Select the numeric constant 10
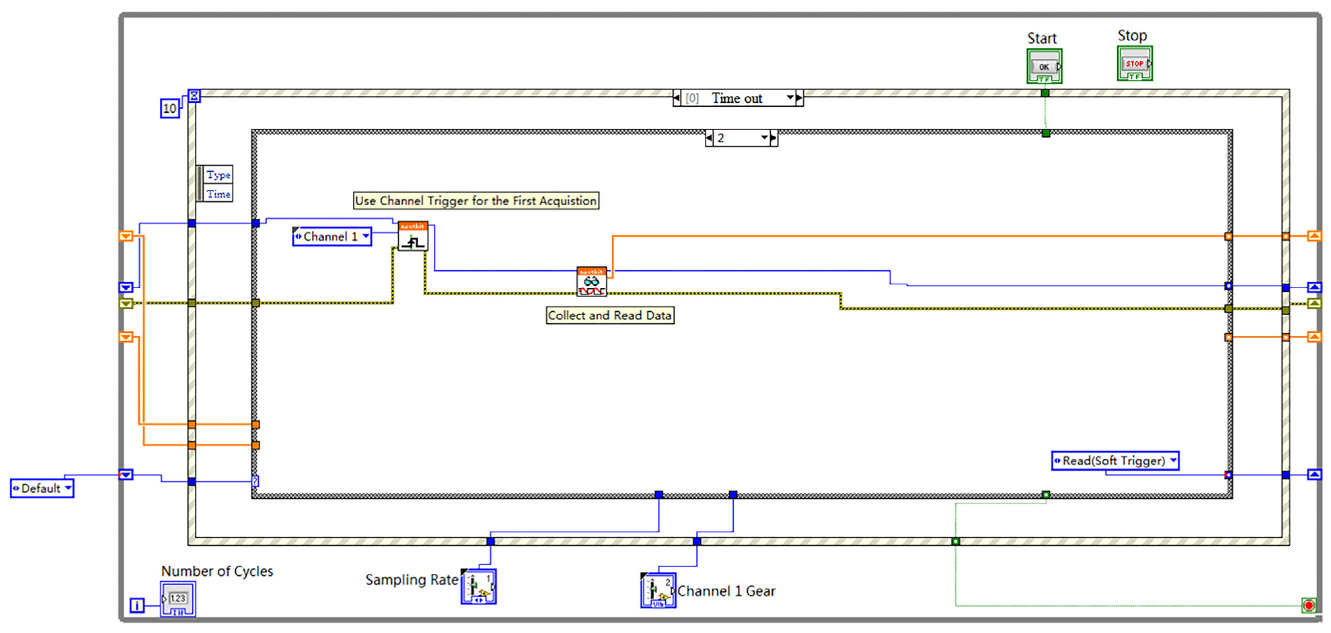point(170,108)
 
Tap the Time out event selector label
point(737,98)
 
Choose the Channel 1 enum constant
point(332,237)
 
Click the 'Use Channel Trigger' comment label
point(475,201)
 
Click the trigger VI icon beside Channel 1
point(413,237)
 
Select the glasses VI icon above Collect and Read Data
point(591,282)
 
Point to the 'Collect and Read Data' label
point(610,315)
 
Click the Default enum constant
point(42,488)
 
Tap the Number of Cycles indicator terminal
point(178,599)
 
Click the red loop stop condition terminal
point(1308,605)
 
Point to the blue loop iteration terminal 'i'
point(137,605)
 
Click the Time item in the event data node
point(218,194)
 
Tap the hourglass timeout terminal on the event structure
point(194,96)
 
